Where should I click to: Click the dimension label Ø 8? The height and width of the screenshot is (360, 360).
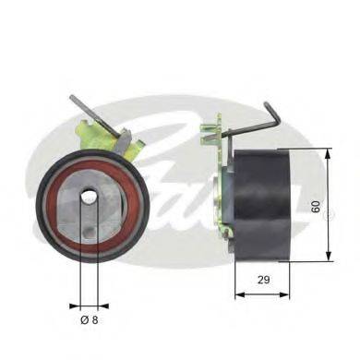click(x=89, y=318)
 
